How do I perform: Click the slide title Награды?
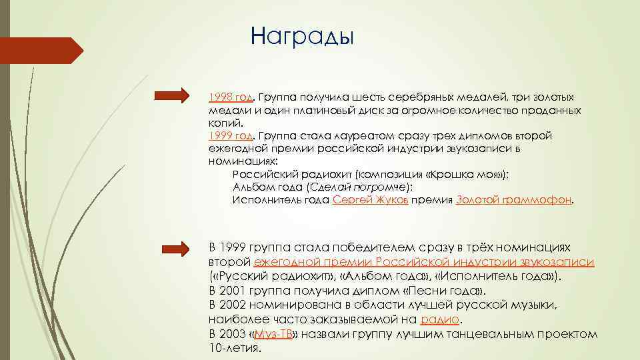click(x=303, y=35)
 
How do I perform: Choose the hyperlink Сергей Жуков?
click(x=370, y=199)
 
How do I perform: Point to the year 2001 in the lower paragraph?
click(x=233, y=291)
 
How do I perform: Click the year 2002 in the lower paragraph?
click(x=233, y=305)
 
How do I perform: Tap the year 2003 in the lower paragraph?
click(x=233, y=334)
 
